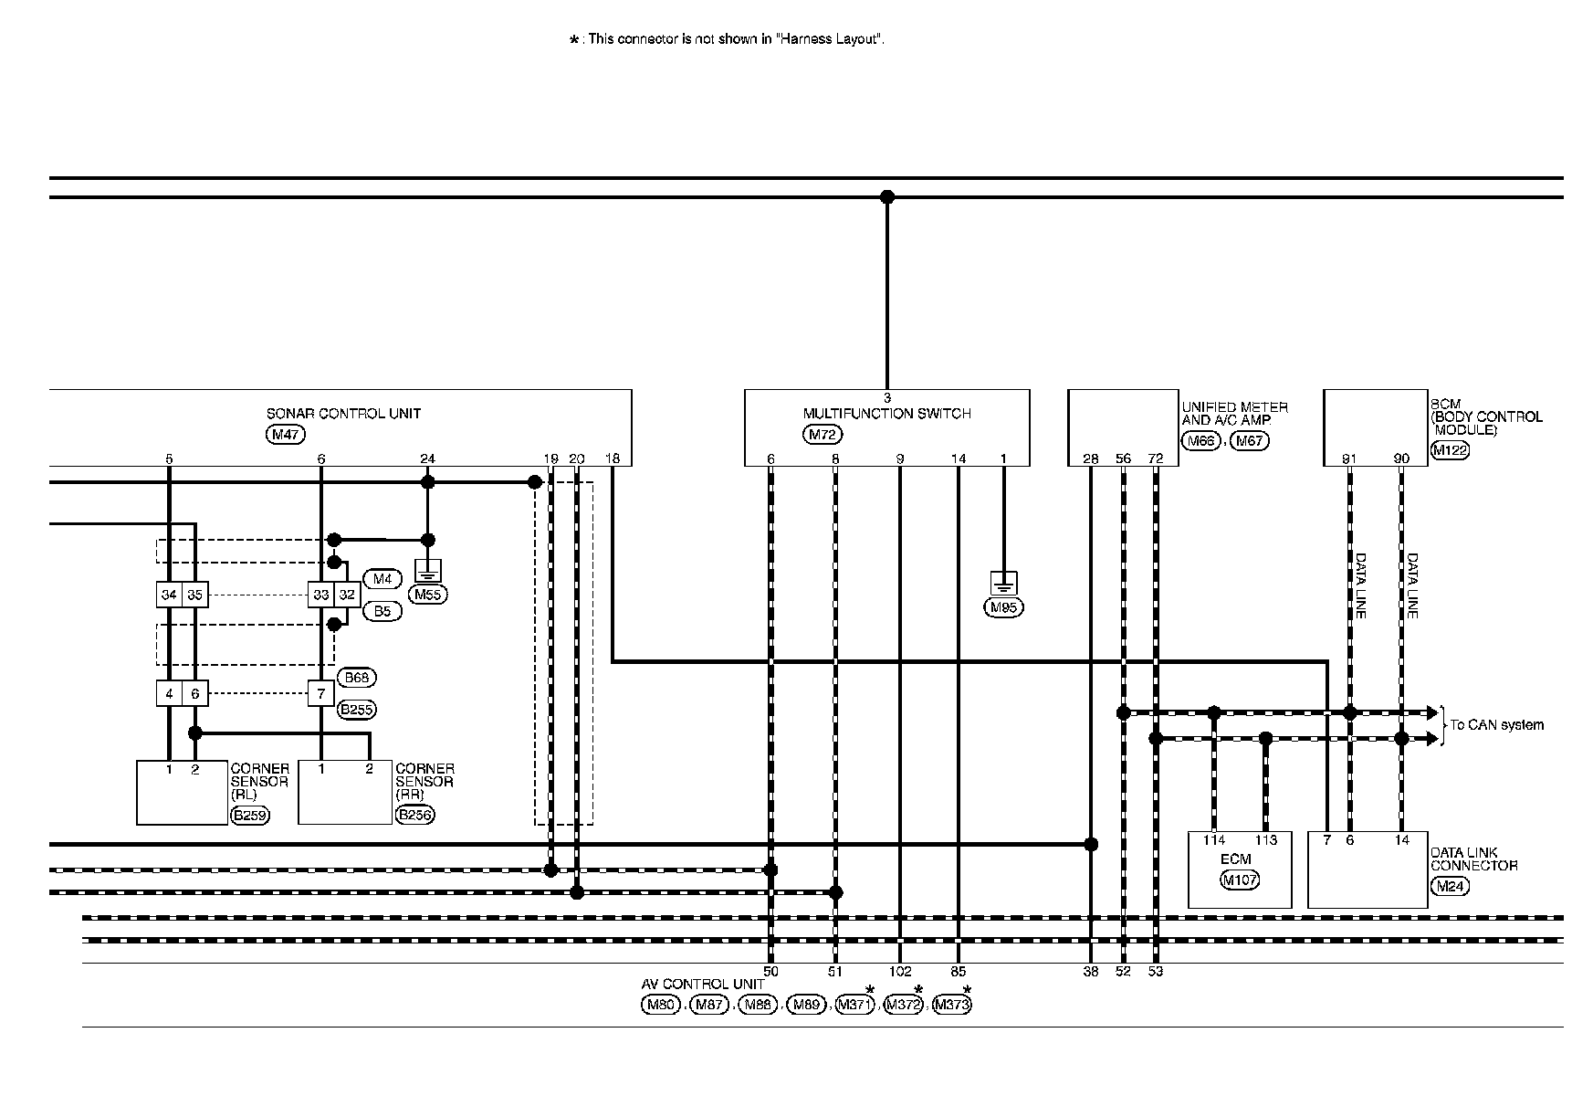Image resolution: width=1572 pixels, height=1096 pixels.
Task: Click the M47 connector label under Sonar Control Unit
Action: point(286,435)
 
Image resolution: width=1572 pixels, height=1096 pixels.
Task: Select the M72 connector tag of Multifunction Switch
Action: point(823,435)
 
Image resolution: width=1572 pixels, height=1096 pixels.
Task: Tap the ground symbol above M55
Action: point(427,572)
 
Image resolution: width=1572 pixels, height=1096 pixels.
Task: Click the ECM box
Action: point(1239,869)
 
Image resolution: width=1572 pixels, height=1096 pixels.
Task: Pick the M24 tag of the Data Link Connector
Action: point(1450,885)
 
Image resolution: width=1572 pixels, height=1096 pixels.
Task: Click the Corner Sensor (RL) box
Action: point(182,793)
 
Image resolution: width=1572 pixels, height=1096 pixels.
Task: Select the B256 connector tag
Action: point(415,815)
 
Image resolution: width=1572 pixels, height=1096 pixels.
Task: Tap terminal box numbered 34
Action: point(169,595)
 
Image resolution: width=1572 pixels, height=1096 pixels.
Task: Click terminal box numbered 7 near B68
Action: point(320,694)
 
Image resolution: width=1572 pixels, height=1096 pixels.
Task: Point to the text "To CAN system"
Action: point(1497,725)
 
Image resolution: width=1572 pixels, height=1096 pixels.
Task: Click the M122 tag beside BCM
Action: point(1450,449)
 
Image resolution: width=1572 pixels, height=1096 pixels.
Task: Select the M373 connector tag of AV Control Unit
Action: point(952,1006)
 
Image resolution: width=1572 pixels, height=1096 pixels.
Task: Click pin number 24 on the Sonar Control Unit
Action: point(427,458)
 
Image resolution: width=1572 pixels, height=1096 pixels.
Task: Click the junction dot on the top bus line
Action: point(886,196)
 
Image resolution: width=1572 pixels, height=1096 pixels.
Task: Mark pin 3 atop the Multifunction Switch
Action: point(886,398)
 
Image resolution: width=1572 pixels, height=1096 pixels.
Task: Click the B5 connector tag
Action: point(383,611)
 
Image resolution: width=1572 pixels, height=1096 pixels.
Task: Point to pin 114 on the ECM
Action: point(1213,840)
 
